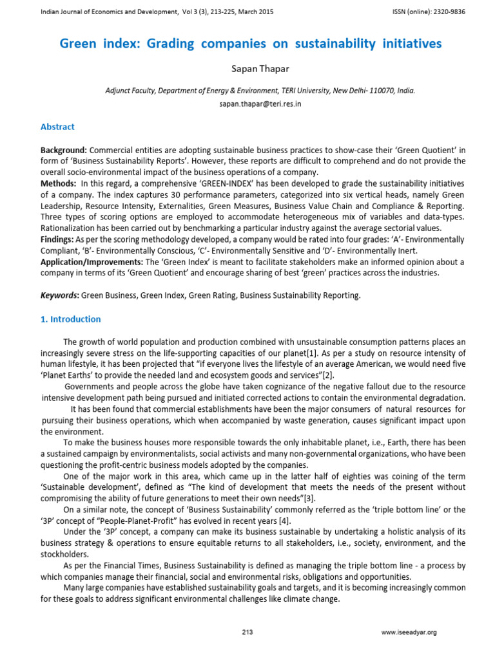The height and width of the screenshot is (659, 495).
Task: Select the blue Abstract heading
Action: (x=57, y=127)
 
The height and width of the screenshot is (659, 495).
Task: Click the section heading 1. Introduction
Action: (x=71, y=319)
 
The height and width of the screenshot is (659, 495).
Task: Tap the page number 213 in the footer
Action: (x=247, y=633)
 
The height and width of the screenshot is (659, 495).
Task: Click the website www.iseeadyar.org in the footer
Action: (x=409, y=633)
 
